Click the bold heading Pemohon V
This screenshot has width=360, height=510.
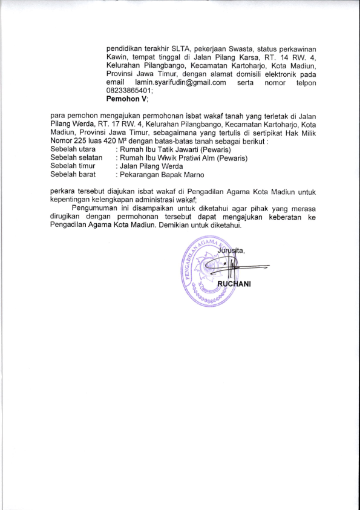pos(127,99)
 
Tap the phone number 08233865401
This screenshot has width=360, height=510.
pos(129,90)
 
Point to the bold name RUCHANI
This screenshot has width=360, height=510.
pos(234,286)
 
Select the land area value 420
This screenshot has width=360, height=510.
pos(116,141)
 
